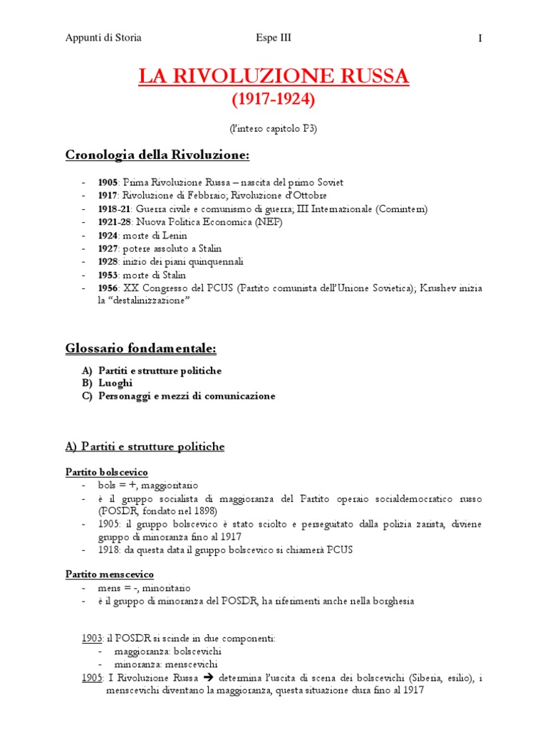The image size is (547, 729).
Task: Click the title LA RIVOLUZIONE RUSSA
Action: point(273,76)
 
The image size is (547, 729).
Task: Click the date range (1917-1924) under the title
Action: point(273,100)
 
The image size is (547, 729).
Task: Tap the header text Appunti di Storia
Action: point(103,38)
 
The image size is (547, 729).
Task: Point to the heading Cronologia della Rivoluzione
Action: point(157,154)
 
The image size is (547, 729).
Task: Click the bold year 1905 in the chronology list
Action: point(108,182)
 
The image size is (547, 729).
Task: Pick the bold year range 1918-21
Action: point(114,209)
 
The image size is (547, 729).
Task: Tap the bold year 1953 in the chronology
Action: point(108,275)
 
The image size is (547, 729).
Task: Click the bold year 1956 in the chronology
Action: point(108,288)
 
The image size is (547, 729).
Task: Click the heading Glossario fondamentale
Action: point(140,349)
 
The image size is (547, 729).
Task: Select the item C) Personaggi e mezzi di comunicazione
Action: point(178,396)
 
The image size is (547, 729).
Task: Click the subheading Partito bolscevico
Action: point(106,472)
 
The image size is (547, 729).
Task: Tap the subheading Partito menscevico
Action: point(109,574)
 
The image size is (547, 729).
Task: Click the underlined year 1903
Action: point(92,639)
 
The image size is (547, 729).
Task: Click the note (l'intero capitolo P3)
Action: point(273,128)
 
